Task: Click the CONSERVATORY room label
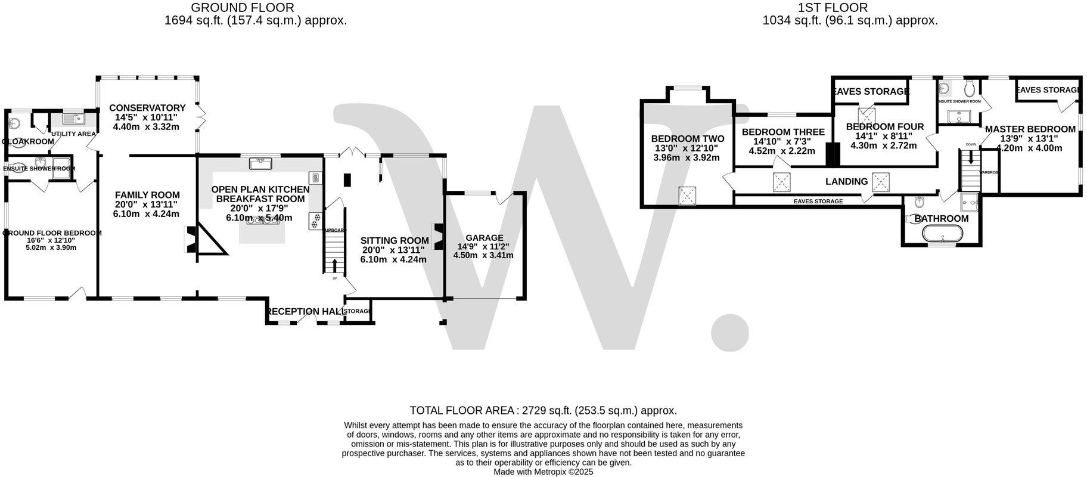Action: pos(147,108)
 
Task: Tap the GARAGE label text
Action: pos(484,238)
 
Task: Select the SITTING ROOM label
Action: pos(395,241)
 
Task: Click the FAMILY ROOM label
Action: pos(147,195)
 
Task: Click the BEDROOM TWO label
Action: pos(687,139)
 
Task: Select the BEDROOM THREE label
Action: pos(783,132)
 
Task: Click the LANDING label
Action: pos(846,182)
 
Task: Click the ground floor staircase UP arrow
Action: pos(334,266)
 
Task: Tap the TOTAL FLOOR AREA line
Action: pos(543,411)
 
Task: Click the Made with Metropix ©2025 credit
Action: pos(543,472)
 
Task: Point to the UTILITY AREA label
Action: pos(73,134)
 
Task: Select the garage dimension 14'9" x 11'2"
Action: pos(483,246)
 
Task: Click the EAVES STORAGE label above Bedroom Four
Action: pos(870,91)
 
